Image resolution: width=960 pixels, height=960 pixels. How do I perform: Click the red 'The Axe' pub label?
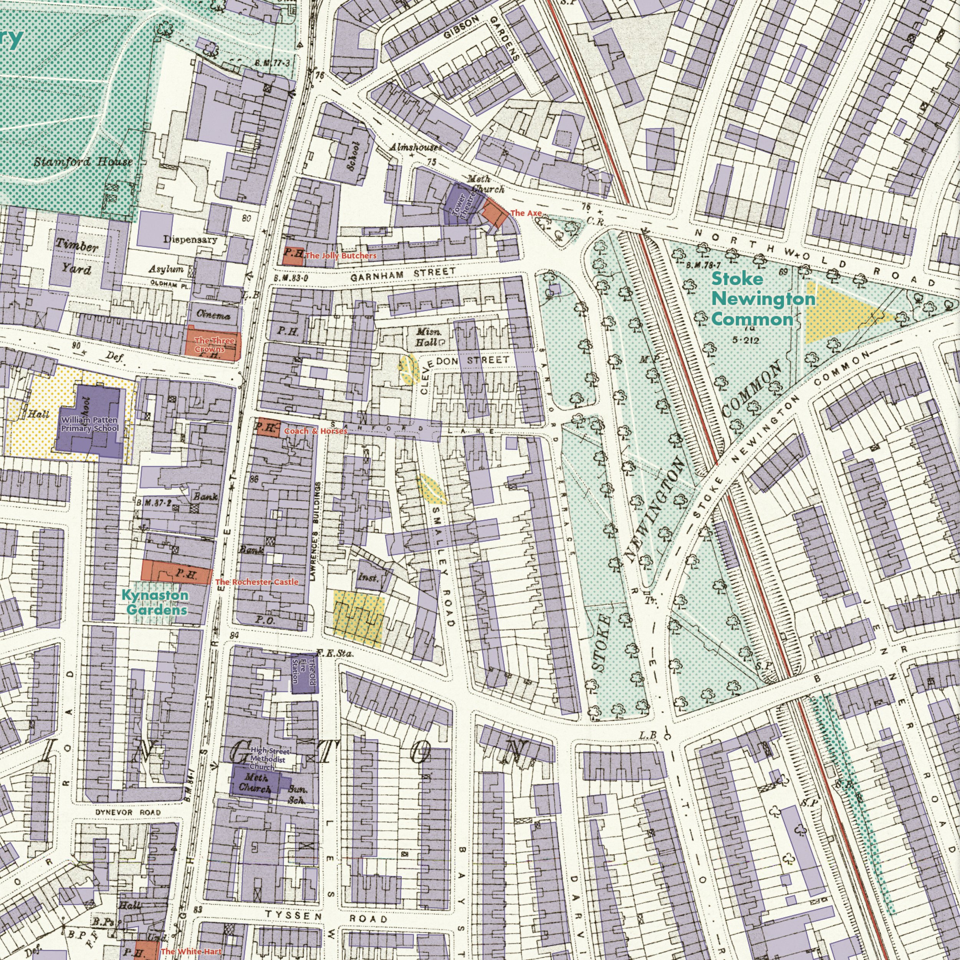tap(526, 213)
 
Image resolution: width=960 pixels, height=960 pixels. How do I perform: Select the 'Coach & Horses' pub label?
tap(315, 431)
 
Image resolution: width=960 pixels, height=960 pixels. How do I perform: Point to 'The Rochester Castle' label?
tap(257, 581)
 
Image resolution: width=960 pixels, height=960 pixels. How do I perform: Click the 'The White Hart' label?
tap(191, 951)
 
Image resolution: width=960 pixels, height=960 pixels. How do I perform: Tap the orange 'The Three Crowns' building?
tap(213, 343)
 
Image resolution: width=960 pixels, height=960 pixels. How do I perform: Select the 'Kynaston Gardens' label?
tap(155, 602)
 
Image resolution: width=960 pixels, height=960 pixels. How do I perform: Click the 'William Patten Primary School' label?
tap(90, 424)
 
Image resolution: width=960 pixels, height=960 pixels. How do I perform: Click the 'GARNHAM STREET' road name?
tap(402, 274)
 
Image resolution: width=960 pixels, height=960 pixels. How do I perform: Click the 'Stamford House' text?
tap(83, 162)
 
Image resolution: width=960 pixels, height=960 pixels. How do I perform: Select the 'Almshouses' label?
tap(415, 147)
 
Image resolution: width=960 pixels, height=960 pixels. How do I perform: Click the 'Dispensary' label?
tap(190, 240)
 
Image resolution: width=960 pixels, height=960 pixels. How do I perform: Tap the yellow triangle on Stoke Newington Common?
tap(835, 314)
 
